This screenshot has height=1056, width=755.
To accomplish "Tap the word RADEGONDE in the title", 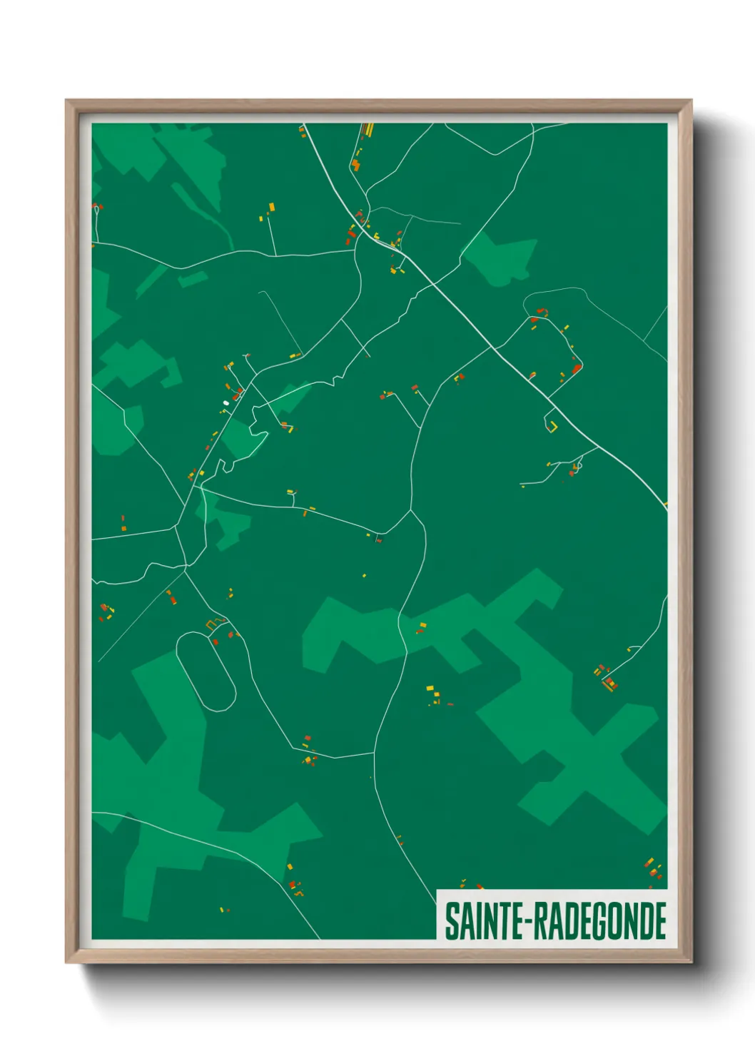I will click(x=600, y=921).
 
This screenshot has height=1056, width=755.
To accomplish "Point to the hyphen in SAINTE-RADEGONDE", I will click(x=528, y=923).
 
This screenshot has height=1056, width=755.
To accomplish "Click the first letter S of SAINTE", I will click(x=452, y=921).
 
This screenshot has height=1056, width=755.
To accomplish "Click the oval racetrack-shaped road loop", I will click(x=206, y=671).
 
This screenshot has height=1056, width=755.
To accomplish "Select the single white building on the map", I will click(x=226, y=403).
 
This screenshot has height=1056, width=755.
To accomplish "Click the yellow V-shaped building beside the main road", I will click(x=552, y=427).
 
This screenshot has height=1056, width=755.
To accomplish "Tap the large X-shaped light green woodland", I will click(x=571, y=742).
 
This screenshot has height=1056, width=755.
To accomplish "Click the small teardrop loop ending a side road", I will click(x=577, y=467).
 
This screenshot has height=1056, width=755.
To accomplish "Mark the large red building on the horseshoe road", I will click(x=576, y=369).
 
